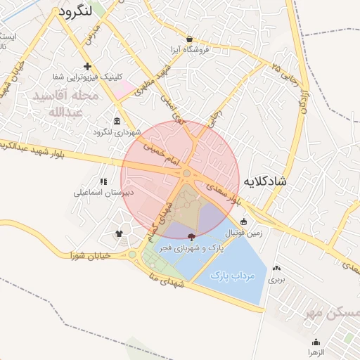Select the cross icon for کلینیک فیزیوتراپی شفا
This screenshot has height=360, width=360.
coord(87,67)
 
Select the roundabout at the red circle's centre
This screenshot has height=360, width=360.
coord(186,173)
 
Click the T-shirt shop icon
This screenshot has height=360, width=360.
coord(118,233)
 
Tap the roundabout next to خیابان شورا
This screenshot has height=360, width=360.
coord(132,255)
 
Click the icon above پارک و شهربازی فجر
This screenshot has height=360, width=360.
coord(192,238)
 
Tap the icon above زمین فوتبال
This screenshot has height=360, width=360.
coord(243,221)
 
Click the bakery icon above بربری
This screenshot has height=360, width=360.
coord(276,267)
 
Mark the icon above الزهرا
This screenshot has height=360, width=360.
coord(315,340)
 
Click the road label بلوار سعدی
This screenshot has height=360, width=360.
coord(226,193)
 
